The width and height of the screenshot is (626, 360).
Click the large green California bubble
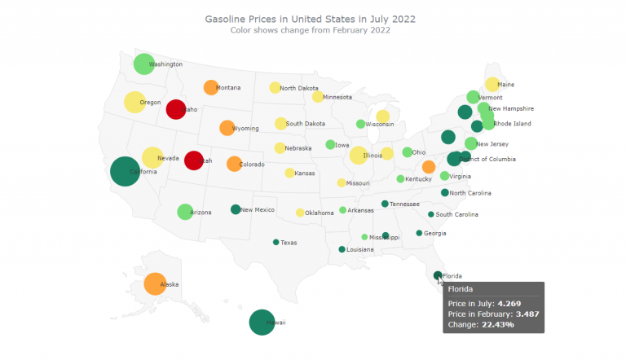[x=124, y=171]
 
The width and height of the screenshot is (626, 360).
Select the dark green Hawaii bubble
[x=262, y=323]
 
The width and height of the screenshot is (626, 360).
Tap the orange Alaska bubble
[x=153, y=283]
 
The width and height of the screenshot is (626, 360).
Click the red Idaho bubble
[x=176, y=109]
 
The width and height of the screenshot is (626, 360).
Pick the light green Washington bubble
[x=143, y=64]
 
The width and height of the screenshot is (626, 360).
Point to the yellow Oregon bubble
[x=134, y=103]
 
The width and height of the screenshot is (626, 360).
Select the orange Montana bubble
[x=210, y=87]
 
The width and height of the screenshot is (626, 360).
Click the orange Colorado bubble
[x=234, y=164]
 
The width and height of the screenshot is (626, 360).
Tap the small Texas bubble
[x=276, y=242]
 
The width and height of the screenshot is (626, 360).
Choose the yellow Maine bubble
[x=492, y=84]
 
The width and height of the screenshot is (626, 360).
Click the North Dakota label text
[x=299, y=88]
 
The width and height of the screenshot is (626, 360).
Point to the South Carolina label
[x=456, y=214]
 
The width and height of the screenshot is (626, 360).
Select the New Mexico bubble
[x=236, y=209]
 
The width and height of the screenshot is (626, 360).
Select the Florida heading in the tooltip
[x=461, y=288]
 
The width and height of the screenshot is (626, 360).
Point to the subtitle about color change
[x=310, y=30]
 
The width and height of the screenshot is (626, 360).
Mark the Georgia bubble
[x=419, y=233]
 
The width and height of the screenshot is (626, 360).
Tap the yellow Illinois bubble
[x=358, y=155]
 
